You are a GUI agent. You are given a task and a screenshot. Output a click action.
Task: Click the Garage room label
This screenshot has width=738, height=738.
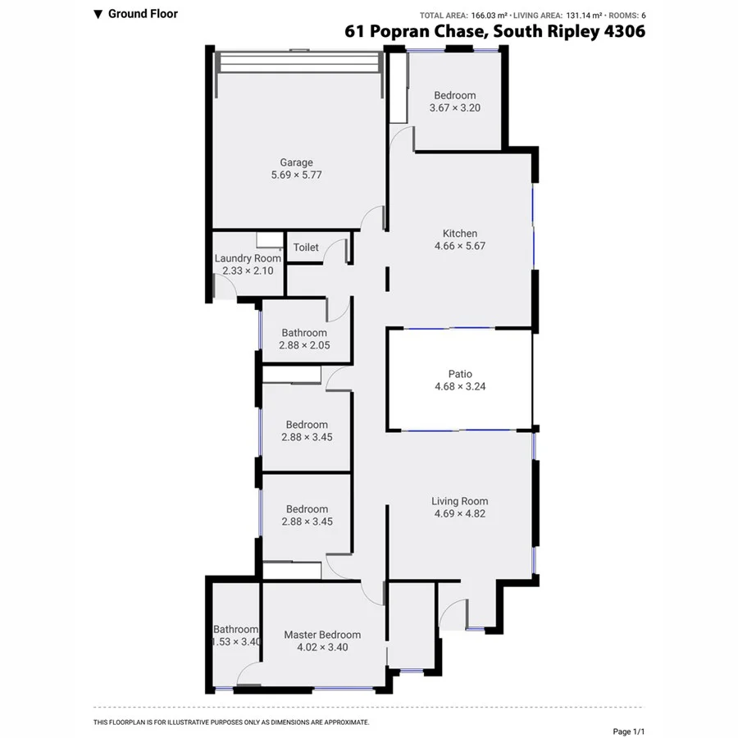click(x=296, y=162)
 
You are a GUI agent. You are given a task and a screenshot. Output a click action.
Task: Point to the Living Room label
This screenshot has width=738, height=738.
click(x=460, y=501)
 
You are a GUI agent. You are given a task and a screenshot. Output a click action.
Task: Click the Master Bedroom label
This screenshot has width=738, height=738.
click(x=322, y=635)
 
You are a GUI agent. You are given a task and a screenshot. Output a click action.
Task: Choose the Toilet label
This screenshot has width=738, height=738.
click(x=306, y=247)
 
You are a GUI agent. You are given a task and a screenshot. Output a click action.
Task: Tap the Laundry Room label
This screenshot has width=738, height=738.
click(x=248, y=258)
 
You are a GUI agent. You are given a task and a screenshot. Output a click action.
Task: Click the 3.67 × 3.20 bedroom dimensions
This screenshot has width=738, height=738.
click(x=454, y=107)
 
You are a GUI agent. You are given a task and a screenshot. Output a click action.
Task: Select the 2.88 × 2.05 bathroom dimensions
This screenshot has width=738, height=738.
click(x=304, y=345)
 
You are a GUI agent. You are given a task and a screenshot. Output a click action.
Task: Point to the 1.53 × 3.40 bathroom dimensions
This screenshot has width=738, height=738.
click(x=235, y=642)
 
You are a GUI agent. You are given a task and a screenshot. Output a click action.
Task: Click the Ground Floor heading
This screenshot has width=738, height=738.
click(x=143, y=13)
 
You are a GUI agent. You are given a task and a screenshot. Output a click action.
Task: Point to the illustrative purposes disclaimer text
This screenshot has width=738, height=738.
click(x=231, y=722)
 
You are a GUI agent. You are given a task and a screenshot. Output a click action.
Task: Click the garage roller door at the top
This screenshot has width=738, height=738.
click(x=298, y=63)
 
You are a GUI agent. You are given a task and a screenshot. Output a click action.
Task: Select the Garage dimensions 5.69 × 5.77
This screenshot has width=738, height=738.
click(x=296, y=175)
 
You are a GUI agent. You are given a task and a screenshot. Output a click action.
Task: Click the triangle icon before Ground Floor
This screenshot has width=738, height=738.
click(x=98, y=14)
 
